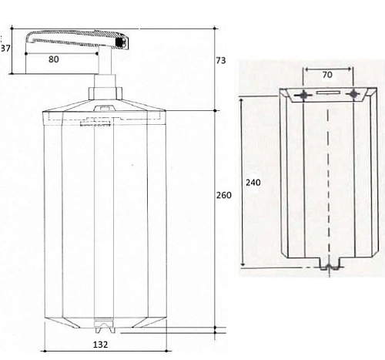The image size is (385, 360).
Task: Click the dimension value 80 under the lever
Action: click(54, 58)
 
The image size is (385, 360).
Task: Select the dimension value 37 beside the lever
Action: click(6, 48)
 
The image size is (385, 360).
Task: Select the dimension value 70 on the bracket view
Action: click(327, 76)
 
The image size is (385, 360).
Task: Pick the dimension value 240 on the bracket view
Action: click(252, 183)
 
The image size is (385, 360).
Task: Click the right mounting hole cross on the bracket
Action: click(353, 95)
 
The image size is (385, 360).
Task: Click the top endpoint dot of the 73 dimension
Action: click(213, 28)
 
